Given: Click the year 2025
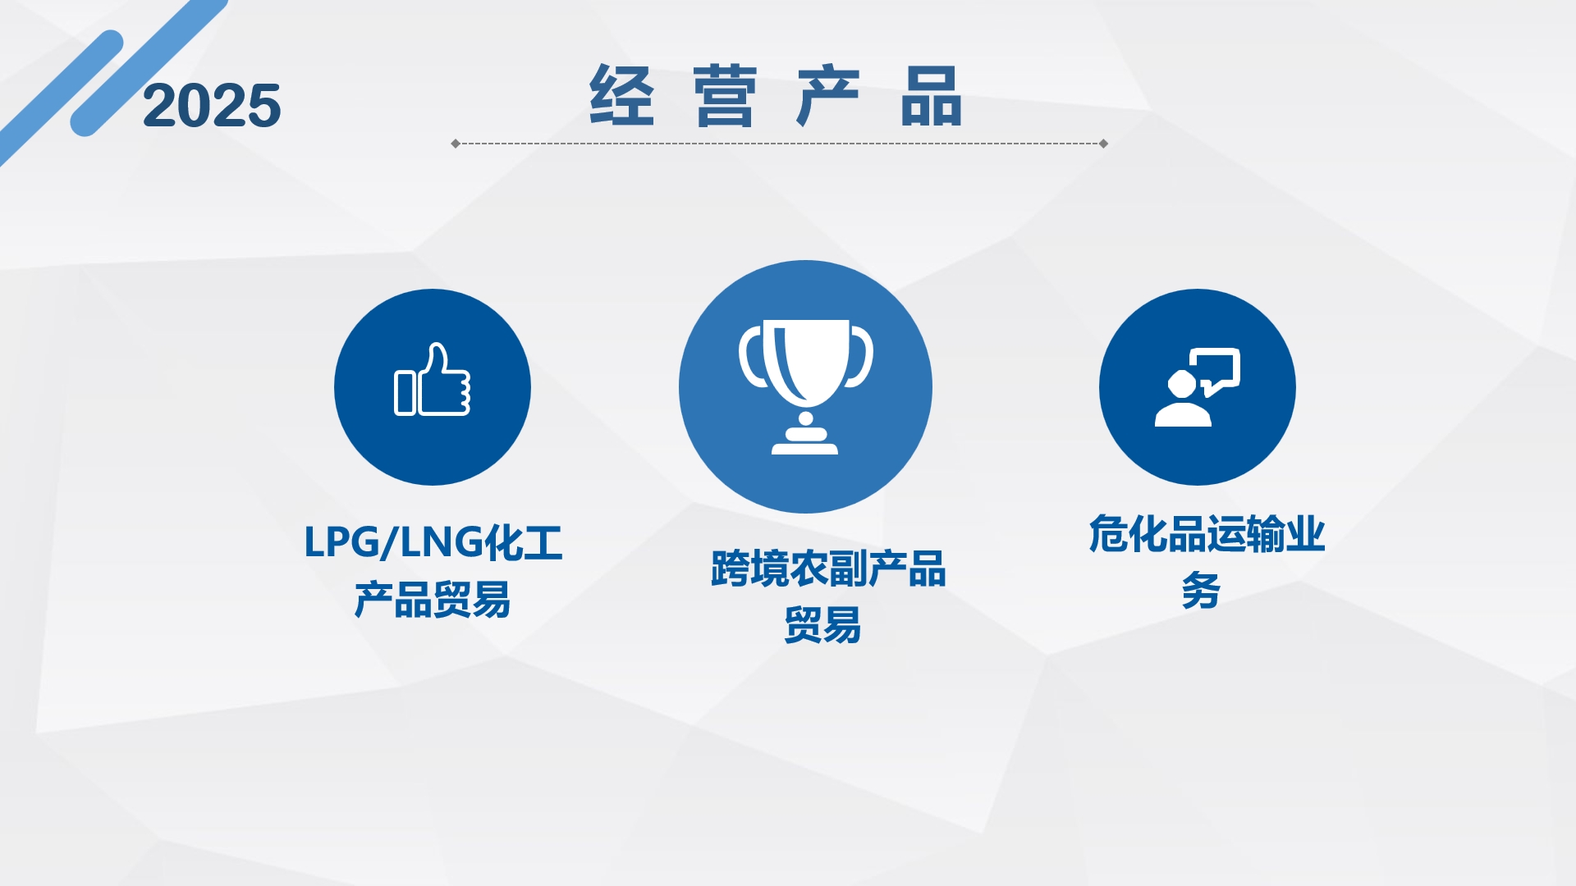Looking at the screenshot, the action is (212, 106).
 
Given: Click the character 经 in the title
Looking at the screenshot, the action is (621, 95).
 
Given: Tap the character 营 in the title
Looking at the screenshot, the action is (724, 95).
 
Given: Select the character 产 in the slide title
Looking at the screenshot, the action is (828, 95).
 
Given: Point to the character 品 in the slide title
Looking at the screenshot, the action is (931, 95).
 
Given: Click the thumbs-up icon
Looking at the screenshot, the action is (433, 379).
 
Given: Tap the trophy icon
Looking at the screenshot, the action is (805, 386).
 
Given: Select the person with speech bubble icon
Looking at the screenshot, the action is (1197, 387).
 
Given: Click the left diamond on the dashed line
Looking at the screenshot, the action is (456, 144).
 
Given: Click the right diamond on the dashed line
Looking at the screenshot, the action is (1103, 144).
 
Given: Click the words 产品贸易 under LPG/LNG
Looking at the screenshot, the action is (433, 600).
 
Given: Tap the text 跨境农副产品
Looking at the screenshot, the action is (828, 569).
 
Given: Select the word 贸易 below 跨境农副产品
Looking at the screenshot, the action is (822, 625).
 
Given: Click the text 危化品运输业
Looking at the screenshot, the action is (1207, 534).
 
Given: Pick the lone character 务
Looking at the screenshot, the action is (1201, 591).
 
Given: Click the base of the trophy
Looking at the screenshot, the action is (804, 443).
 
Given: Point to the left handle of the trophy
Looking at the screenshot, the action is (753, 357).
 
